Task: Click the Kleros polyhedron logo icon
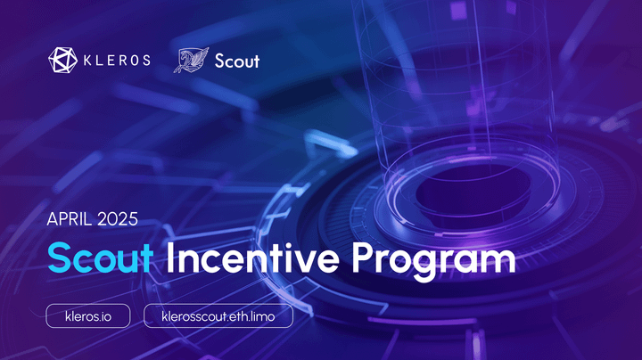[x=62, y=61]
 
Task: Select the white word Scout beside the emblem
[x=237, y=61]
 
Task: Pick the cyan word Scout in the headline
[x=100, y=259]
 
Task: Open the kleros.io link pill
[x=88, y=315]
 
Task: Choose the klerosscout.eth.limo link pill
[x=218, y=315]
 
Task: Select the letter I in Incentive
[x=170, y=259]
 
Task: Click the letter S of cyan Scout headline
[x=60, y=259]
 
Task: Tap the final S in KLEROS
[x=145, y=61]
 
